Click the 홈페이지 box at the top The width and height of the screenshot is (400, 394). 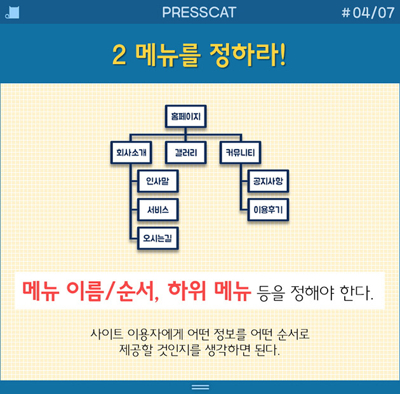pyautogui.click(x=185, y=116)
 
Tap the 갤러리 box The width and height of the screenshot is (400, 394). pyautogui.click(x=185, y=152)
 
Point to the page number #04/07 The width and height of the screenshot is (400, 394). pyautogui.click(x=368, y=12)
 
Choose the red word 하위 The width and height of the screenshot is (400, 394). pyautogui.click(x=189, y=291)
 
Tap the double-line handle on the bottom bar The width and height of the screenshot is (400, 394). pyautogui.click(x=200, y=386)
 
